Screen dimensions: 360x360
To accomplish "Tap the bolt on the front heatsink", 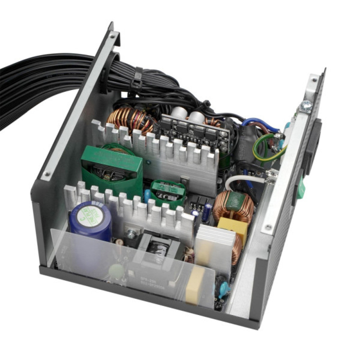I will tap(131, 234).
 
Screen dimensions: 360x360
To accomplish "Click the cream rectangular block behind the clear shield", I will tap(194, 284).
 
